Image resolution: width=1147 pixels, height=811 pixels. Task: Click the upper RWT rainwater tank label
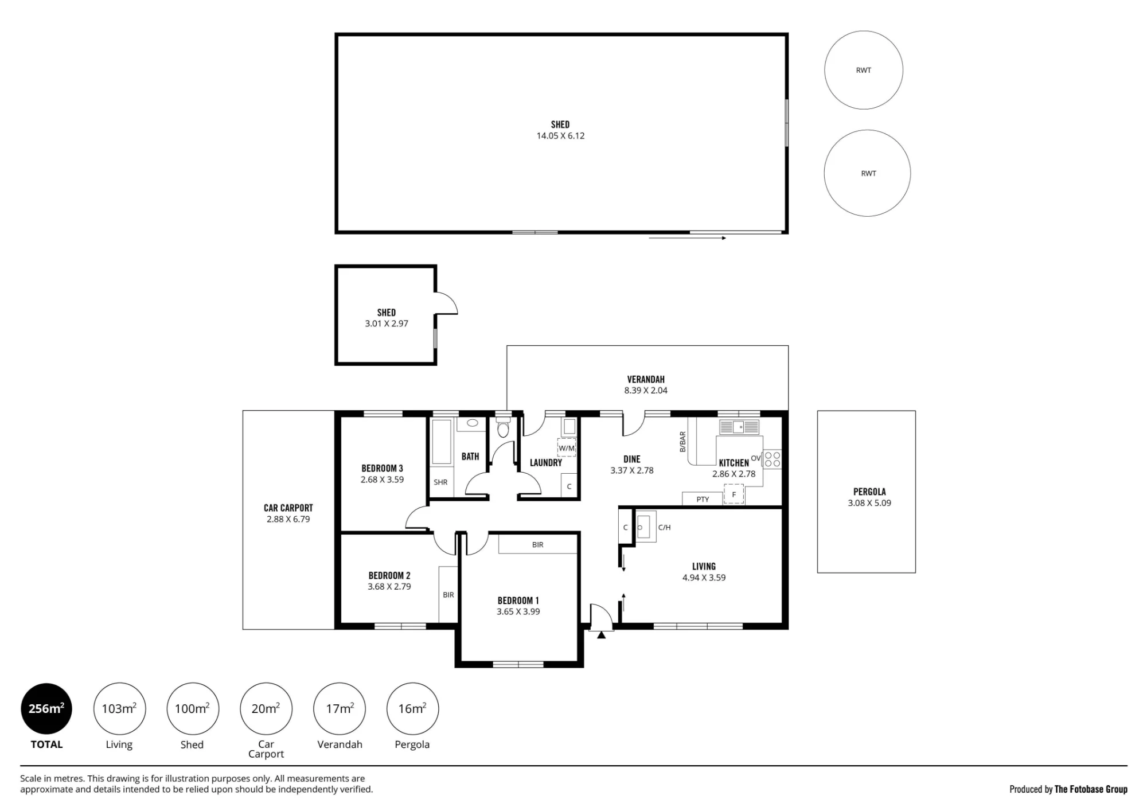(863, 71)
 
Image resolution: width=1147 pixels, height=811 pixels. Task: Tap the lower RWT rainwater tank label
(868, 173)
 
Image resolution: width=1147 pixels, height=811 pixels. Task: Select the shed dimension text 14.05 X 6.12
(560, 136)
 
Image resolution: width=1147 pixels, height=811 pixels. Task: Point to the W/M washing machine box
(567, 448)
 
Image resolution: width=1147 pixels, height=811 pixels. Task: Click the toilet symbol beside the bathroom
(503, 428)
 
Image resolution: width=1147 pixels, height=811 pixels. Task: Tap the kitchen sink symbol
(739, 427)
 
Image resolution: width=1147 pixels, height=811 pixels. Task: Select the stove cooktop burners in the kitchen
(772, 459)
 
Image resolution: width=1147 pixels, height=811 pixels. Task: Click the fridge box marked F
(734, 494)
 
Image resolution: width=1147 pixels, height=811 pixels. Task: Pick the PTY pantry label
(703, 500)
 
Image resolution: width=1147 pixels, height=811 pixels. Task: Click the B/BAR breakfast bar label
(682, 442)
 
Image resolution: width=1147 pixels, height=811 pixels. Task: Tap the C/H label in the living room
(664, 528)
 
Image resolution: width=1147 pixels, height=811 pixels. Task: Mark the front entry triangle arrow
(601, 634)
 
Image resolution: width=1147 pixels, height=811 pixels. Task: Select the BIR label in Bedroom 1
(537, 545)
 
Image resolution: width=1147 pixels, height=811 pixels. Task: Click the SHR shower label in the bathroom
(440, 482)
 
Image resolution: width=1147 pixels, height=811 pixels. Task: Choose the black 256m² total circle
(46, 709)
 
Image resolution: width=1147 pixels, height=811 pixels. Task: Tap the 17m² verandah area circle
(340, 709)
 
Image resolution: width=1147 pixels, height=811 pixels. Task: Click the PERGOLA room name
(869, 492)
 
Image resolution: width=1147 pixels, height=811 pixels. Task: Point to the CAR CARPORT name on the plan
(288, 508)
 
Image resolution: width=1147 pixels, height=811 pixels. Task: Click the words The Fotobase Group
(1091, 789)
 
